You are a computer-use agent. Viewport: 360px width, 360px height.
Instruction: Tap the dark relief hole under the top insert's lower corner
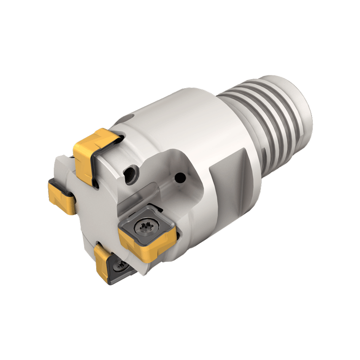[97, 182]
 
